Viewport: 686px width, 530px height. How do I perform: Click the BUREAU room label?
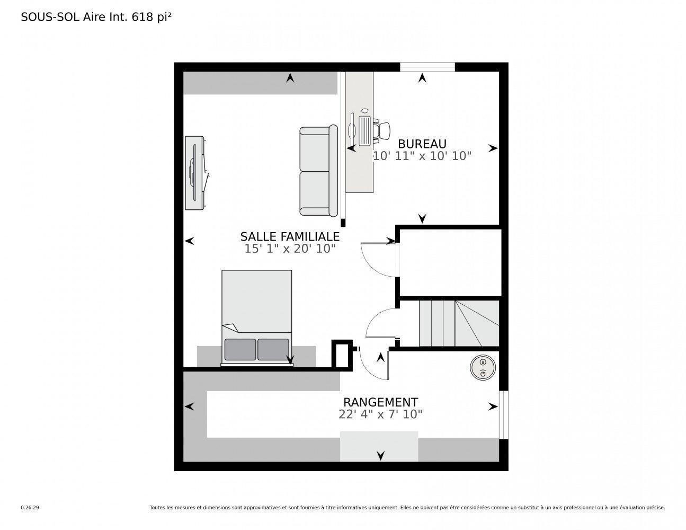point(422,144)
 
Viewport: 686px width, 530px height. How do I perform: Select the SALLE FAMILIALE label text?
point(290,236)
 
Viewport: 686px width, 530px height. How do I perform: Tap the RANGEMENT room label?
point(380,402)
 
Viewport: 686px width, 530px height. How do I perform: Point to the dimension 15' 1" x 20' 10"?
point(290,249)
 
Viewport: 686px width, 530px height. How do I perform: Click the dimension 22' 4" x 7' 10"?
point(380,414)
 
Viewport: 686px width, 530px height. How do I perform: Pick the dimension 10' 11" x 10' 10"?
point(422,156)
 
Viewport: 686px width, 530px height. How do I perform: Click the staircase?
point(459,323)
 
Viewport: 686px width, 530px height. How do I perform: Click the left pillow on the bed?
point(240,349)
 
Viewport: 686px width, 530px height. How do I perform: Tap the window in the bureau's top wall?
point(427,67)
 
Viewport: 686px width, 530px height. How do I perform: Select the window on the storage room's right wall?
point(503,415)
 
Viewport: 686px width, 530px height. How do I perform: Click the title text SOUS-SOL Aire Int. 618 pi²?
point(96,17)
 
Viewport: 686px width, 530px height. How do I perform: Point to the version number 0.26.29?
point(30,508)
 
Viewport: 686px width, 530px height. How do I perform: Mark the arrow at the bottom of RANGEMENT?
point(380,455)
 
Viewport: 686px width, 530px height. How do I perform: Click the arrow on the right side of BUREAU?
point(493,148)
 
